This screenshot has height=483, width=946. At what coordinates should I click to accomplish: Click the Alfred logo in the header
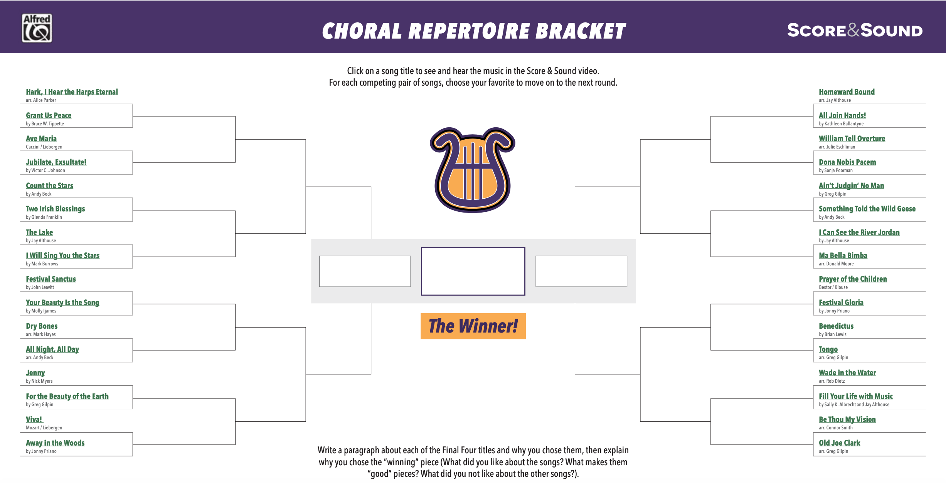pos(37,28)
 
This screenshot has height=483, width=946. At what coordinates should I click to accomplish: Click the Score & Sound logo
pos(855,30)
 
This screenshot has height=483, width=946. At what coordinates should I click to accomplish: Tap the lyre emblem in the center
pos(473,170)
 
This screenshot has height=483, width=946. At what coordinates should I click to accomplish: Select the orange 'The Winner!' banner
pos(473,326)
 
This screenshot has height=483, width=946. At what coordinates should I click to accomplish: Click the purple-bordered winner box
pos(473,247)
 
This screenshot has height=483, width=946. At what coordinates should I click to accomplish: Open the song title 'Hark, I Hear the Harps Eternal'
pos(72,92)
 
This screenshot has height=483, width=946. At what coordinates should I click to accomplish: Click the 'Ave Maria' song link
pos(41,138)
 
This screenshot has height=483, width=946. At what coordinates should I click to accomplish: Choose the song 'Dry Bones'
pos(42,326)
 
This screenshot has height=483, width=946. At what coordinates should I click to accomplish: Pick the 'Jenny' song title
pos(35,373)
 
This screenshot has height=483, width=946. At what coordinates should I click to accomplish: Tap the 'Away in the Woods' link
pos(55,443)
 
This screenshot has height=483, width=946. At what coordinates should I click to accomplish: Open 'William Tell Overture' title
pos(852,138)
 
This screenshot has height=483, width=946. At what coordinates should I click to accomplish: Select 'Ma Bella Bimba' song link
pos(843,255)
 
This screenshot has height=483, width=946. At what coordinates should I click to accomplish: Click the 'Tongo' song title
pos(828,349)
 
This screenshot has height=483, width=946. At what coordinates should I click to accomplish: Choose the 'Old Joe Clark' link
pos(840,443)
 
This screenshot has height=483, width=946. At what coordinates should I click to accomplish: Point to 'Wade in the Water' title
pos(847,373)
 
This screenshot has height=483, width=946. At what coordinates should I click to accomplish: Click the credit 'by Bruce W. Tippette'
pos(45,124)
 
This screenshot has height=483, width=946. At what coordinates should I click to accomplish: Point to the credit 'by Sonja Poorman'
pos(836,171)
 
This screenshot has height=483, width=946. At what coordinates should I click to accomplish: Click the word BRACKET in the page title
pos(581,31)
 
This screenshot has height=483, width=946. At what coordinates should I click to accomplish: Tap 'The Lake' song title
pos(39,232)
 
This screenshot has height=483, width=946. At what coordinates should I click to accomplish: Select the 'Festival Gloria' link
pos(841,302)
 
